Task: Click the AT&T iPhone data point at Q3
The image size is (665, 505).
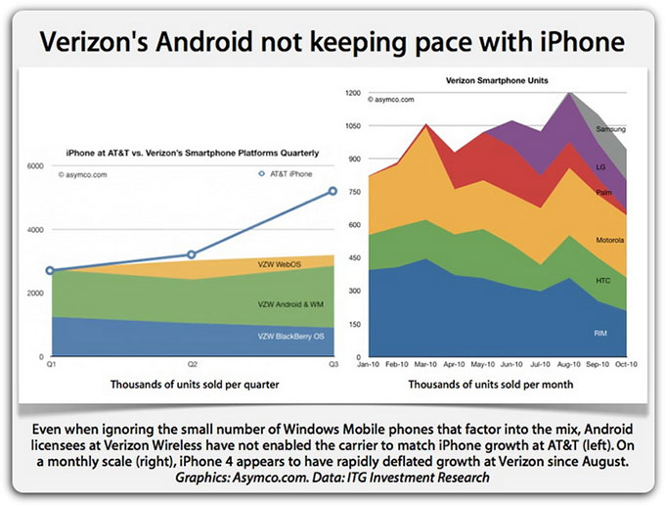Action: [332, 191]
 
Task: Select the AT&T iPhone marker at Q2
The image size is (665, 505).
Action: [191, 254]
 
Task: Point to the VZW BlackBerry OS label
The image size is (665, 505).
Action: [292, 337]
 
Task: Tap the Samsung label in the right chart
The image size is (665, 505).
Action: [609, 128]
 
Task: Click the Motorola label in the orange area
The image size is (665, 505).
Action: [609, 240]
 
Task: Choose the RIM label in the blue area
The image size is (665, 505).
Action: [600, 333]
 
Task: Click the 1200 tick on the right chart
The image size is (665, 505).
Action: [354, 92]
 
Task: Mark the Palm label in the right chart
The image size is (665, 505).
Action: [602, 192]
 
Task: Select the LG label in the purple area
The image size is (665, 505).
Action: [599, 167]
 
